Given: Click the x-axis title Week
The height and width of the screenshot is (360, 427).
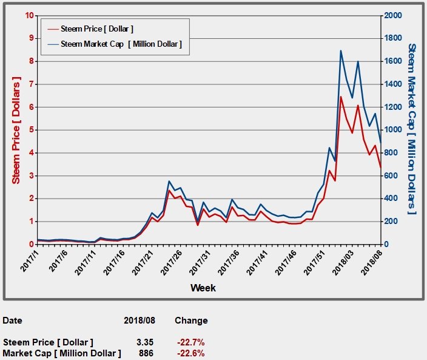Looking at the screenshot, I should [203, 287].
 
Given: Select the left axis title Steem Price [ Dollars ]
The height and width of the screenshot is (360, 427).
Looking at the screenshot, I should [16, 130].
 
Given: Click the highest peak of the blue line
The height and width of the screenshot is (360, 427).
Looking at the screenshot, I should [341, 50].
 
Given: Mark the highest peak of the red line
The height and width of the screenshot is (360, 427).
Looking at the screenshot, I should [341, 97].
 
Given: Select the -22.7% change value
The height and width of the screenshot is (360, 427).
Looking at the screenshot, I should [189, 342].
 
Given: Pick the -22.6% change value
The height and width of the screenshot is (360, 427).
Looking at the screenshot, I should [189, 353].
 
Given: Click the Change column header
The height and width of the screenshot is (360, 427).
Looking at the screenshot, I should [191, 321].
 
